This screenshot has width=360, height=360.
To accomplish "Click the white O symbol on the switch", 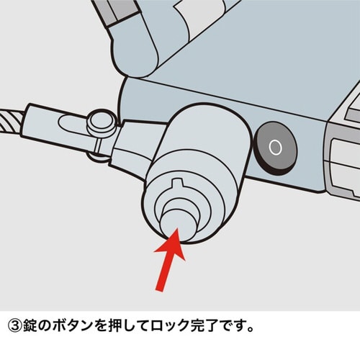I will (x=274, y=148).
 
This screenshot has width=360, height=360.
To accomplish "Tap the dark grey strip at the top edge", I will (x=115, y=10).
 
